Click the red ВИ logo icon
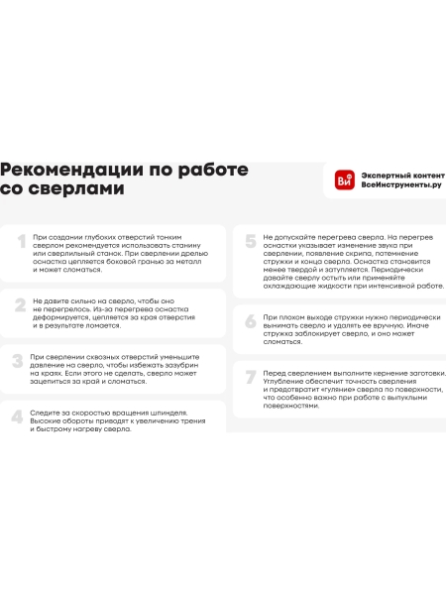click(x=345, y=179)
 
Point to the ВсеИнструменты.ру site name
click(x=401, y=185)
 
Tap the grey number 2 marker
click(x=19, y=304)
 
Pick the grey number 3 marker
click(x=18, y=361)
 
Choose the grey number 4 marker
click(x=17, y=416)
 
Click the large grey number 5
click(x=250, y=243)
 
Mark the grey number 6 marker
click(x=250, y=321)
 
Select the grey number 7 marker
click(x=250, y=378)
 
